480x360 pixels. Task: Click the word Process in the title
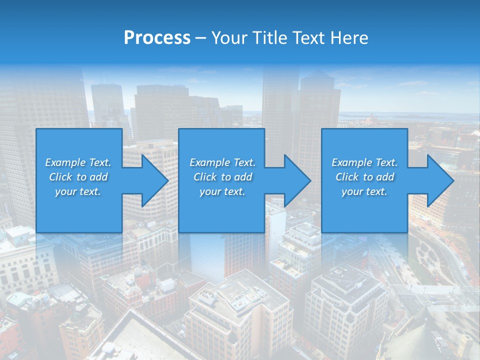tap(157, 38)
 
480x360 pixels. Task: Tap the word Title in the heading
tap(270, 38)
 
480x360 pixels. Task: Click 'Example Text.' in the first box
tap(78, 162)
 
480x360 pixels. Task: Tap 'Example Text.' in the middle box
tap(222, 162)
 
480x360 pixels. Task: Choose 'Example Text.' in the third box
tap(364, 162)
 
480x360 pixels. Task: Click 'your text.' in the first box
tap(78, 191)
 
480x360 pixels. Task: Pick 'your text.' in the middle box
tap(222, 191)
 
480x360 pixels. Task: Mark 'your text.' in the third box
tap(364, 191)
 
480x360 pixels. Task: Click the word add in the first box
tap(98, 177)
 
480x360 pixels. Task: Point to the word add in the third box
tap(385, 177)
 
